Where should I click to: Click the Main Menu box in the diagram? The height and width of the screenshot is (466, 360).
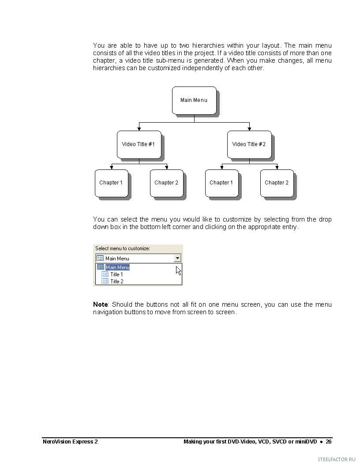pos(194,100)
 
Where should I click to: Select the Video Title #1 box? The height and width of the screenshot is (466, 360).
pos(139,144)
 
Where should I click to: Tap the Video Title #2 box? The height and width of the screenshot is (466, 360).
pos(249,144)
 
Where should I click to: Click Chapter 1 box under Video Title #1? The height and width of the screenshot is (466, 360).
pos(111,183)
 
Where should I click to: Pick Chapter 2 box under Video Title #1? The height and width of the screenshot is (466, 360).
pos(166,183)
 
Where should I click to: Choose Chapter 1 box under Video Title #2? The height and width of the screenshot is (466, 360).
pos(221,183)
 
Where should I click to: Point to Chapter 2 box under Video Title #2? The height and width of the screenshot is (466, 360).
pos(277,183)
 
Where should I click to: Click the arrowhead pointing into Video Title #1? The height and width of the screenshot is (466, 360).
pos(139,129)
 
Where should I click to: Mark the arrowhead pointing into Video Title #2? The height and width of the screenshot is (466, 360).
pos(249,129)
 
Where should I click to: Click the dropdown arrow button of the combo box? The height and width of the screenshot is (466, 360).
pos(177,258)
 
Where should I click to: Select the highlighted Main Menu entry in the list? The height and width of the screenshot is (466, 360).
pos(117,267)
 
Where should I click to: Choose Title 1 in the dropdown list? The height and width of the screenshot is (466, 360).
pos(116,274)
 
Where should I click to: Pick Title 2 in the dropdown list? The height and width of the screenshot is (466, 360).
pos(116,282)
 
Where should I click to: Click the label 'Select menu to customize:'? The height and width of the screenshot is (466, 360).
pos(123,248)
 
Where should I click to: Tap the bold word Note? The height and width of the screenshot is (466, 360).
pos(100,304)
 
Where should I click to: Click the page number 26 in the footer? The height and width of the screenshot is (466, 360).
pos(329,442)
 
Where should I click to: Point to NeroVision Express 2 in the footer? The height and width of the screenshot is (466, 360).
pos(70,442)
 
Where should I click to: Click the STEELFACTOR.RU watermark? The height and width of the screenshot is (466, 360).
pos(336,459)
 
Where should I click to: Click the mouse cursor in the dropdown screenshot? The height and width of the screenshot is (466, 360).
pos(178,270)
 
